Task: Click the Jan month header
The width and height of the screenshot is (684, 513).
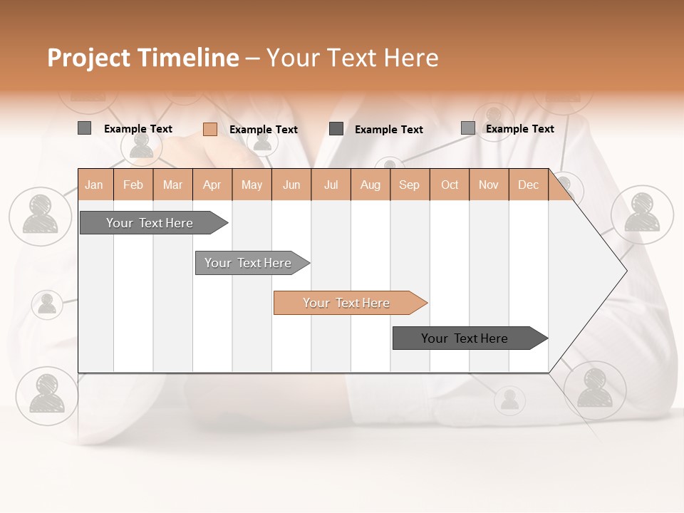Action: tap(95, 185)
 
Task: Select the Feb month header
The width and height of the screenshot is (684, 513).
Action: tap(133, 185)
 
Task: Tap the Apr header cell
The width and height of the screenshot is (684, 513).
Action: tap(212, 185)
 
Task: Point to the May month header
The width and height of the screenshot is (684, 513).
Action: tap(252, 185)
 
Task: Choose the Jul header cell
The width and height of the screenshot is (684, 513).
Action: tap(331, 185)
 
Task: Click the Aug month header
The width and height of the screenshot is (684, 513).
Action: tap(370, 185)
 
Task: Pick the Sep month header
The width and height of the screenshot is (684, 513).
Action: tap(410, 185)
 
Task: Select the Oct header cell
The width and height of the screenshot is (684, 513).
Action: tap(450, 185)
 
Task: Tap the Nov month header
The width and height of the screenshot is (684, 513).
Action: tap(489, 185)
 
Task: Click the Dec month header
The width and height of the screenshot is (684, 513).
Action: tap(528, 185)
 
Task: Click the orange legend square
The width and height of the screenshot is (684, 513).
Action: tap(209, 129)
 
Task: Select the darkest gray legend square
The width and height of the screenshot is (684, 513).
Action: tap(336, 129)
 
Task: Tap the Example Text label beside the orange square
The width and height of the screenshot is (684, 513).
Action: tap(263, 130)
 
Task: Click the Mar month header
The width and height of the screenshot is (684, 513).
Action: tap(172, 185)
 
